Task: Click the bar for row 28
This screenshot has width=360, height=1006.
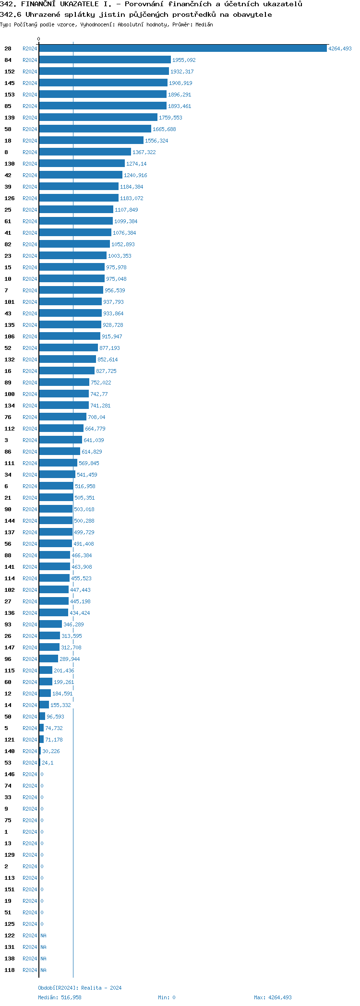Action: point(182,48)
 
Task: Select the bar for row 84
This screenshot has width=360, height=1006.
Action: point(105,60)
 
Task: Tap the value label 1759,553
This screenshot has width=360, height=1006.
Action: point(170,118)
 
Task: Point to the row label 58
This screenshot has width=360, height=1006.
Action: point(8,129)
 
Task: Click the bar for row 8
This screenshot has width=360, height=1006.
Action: point(85,152)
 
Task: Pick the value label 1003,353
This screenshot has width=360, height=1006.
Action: point(120,256)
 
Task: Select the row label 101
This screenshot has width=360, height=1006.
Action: point(10,302)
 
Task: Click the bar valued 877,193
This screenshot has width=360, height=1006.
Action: point(68,348)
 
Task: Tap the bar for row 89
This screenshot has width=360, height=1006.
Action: point(64,383)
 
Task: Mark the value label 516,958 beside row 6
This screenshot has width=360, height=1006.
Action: point(85,486)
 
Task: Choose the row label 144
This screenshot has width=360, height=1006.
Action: point(10,521)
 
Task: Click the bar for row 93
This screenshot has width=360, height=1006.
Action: point(50,624)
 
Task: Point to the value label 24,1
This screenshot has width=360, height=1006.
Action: point(48,763)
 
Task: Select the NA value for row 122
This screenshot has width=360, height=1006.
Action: point(43,935)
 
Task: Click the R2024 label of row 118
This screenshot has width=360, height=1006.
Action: point(30,970)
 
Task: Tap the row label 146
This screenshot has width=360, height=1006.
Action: point(10,774)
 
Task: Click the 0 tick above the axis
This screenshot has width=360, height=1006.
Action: point(39,39)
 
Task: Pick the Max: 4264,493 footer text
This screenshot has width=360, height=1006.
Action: point(273,997)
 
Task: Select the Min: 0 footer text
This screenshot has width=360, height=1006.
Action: point(167,997)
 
